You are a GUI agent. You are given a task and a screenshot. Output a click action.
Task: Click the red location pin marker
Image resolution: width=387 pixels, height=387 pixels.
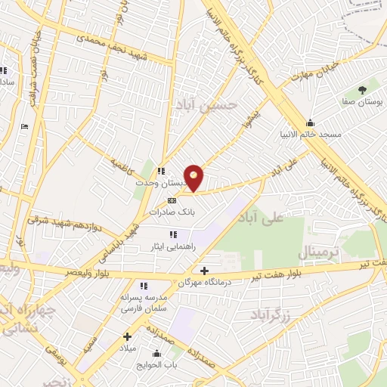(x=194, y=178)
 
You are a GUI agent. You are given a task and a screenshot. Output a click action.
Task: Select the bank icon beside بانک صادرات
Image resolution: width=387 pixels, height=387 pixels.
(x=172, y=201)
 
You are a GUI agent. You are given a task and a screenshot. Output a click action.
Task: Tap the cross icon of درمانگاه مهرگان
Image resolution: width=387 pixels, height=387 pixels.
(x=204, y=270)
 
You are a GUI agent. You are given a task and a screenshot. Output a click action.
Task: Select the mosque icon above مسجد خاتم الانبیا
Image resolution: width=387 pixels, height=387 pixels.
(x=310, y=122)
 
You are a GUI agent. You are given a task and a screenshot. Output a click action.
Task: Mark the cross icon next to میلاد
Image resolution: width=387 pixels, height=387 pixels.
(x=127, y=336)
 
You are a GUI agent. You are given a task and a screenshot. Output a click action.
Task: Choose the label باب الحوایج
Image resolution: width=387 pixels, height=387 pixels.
(x=158, y=364)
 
